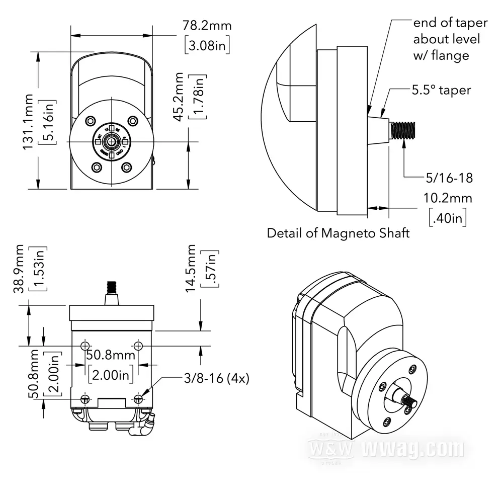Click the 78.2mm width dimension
pos(207,26)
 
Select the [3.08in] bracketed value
pos(207,46)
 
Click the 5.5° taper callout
pos(441,90)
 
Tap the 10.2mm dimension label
pos(448,198)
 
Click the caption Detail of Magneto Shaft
pos(338,233)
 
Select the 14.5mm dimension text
pos(191,272)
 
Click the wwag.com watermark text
pos(412,448)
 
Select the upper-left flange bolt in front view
pos(91,121)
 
